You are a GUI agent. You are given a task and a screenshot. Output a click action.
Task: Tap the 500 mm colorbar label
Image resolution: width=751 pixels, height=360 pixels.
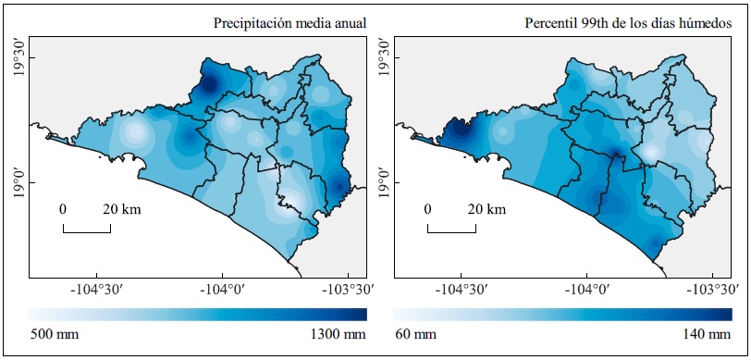point(53,333)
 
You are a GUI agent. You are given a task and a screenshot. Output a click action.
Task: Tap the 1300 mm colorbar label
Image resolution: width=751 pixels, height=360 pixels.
point(339,333)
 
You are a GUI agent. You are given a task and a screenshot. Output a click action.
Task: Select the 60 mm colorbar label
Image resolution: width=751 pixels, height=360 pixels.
point(415,333)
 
